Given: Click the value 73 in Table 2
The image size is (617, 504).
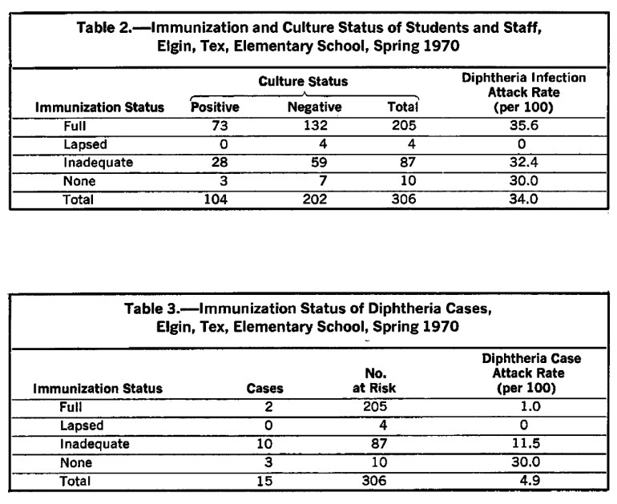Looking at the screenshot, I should click(214, 125).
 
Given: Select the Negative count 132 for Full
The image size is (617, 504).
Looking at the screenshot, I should click(314, 125).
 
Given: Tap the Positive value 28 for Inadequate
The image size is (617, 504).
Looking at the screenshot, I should click(214, 163).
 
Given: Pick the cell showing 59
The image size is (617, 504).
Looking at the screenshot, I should click(314, 163).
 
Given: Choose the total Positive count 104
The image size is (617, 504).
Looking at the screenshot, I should click(214, 200).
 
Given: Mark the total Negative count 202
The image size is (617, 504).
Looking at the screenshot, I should click(314, 200).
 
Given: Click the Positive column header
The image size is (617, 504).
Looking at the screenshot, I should click(214, 107).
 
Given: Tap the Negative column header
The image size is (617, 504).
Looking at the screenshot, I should click(314, 107).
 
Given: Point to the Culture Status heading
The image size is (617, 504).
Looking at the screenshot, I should click(304, 82).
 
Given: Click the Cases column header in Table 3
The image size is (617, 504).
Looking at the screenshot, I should click(264, 388).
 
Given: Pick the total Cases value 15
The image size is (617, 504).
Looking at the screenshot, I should click(264, 482).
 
